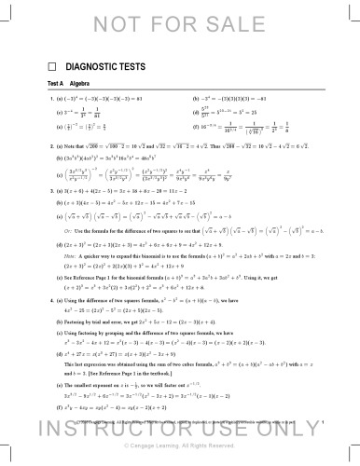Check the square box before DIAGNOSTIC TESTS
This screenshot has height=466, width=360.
click(x=53, y=67)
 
